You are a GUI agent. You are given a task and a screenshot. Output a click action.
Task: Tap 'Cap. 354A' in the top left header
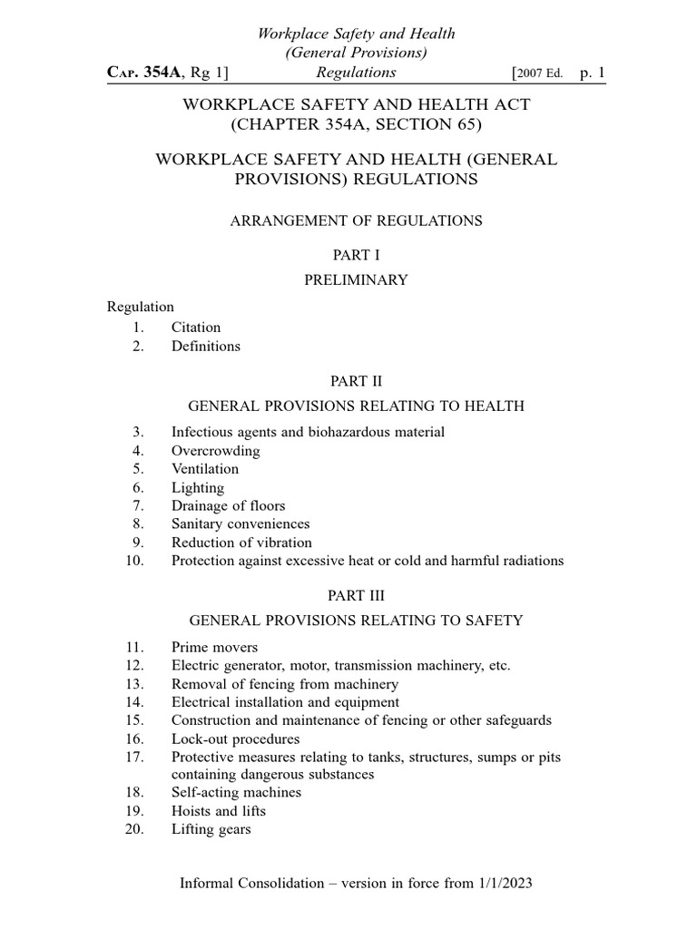pos(146,73)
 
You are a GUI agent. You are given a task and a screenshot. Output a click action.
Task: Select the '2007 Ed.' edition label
pos(544,73)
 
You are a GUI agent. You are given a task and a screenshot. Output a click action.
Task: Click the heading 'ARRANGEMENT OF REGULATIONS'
pos(355,220)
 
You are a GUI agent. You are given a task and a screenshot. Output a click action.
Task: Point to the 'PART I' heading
pos(355,257)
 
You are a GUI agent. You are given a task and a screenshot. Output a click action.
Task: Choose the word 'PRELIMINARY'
pos(355,280)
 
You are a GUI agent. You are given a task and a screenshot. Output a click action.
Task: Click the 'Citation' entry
pos(196,328)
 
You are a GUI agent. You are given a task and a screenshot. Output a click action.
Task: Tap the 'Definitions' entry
pos(206,346)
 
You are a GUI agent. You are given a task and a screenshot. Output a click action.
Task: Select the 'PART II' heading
pos(355,382)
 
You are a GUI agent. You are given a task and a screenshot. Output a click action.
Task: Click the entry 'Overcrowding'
pos(215,451)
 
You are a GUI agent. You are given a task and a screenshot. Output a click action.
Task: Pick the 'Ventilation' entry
pos(205,469)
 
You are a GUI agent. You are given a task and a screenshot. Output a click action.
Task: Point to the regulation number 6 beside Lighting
pos(138,487)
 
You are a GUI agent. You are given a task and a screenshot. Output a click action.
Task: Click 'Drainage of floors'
pos(228,505)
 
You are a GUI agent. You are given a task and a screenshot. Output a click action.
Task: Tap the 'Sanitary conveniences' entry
pos(241,523)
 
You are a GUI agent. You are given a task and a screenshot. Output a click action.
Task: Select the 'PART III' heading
pos(355,596)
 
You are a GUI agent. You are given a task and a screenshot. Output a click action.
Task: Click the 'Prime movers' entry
pos(214,647)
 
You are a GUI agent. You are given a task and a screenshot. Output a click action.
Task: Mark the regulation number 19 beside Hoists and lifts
pos(135,811)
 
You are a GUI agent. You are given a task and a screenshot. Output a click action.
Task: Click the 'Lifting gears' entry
pos(211,829)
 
